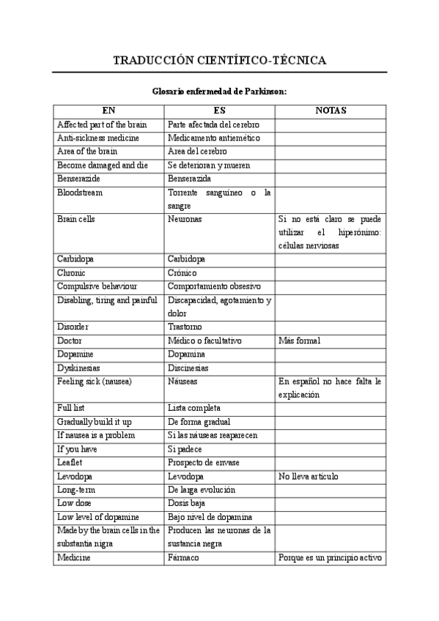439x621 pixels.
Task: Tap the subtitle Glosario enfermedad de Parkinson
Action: pyautogui.click(x=219, y=92)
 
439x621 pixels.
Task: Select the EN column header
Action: pyautogui.click(x=108, y=111)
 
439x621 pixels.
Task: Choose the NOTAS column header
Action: pyautogui.click(x=330, y=111)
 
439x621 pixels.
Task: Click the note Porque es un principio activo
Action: pyautogui.click(x=330, y=557)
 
